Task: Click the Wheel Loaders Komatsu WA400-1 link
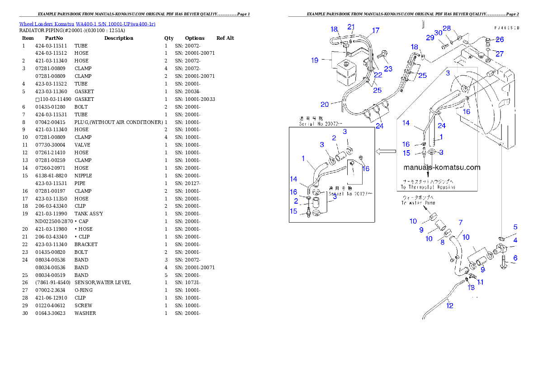point(87,24)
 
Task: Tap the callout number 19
point(315,60)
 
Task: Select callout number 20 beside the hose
point(325,105)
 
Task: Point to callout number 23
point(388,69)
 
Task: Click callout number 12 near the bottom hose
point(449,305)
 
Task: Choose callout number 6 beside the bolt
point(515,258)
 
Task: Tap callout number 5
point(515,227)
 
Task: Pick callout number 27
point(500,53)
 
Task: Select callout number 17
point(376,31)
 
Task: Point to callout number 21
point(351,27)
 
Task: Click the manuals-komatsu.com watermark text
point(442,167)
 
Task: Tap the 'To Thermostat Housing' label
point(428,187)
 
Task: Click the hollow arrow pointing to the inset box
point(386,151)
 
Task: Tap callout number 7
point(460,222)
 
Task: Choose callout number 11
point(480,282)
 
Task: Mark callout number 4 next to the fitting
point(515,240)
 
